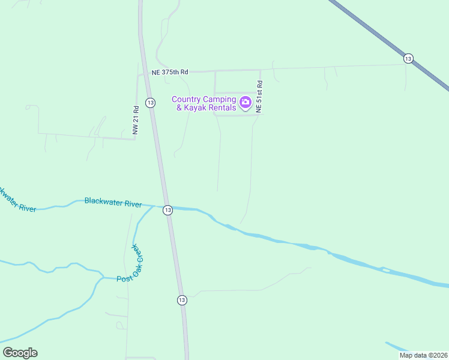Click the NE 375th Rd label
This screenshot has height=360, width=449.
(170, 72)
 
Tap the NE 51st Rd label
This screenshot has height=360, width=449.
(259, 97)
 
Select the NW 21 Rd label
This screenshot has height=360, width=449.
(136, 121)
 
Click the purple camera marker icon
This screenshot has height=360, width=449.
(245, 103)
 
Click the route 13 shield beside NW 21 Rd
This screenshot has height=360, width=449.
(150, 103)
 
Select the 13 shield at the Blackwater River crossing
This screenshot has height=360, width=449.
(167, 209)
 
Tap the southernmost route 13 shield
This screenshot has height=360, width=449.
(182, 299)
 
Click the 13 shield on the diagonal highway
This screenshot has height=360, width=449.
(408, 58)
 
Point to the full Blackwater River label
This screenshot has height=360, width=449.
(113, 203)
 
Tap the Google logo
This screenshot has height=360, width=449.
(20, 353)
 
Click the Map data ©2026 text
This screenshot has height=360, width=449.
(423, 355)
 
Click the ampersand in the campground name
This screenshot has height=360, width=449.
(178, 107)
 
